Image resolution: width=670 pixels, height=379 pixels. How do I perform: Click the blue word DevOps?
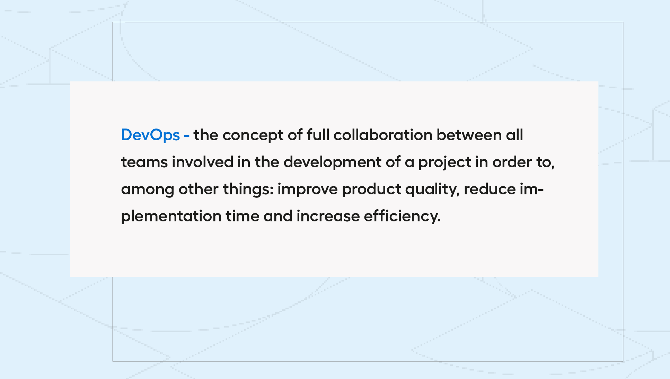click(150, 135)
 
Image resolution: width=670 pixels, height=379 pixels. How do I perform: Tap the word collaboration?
click(383, 135)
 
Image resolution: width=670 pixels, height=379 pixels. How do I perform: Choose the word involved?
click(203, 162)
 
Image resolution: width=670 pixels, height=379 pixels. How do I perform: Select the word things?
click(248, 189)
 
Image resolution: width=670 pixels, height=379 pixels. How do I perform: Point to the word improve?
click(308, 189)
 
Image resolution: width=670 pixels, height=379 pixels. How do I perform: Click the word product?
click(371, 189)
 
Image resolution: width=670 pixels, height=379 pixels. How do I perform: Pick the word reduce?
click(490, 189)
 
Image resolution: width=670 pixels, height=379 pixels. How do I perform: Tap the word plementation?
click(171, 217)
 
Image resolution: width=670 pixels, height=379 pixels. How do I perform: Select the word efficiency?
click(402, 217)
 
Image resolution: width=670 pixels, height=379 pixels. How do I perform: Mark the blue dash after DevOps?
click(187, 136)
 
